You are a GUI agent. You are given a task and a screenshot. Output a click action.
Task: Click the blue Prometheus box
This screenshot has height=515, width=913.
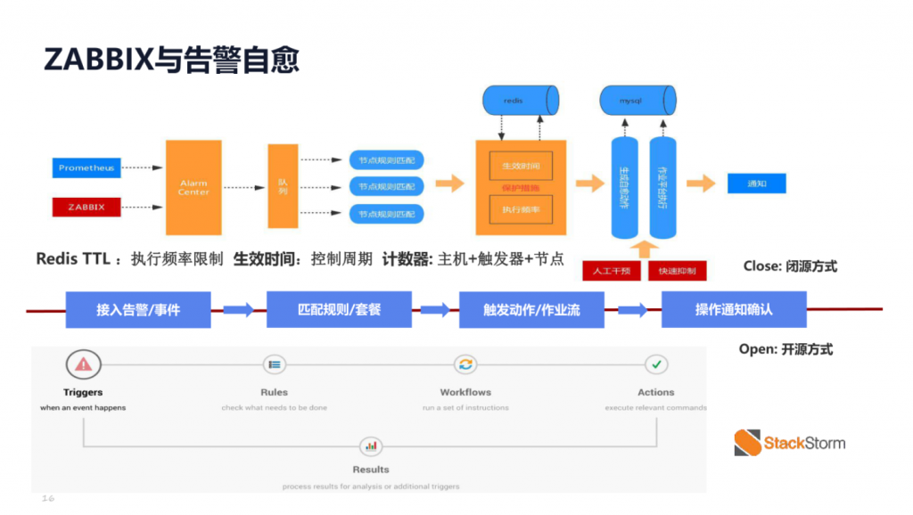(x=86, y=168)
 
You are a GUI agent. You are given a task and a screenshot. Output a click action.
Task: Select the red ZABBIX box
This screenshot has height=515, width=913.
(x=86, y=207)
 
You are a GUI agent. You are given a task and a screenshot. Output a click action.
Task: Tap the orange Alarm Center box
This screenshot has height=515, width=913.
(x=193, y=187)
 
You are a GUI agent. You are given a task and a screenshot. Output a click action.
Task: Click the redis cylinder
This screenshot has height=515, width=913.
(x=520, y=101)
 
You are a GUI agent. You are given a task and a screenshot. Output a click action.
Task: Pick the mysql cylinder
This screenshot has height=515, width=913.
(x=636, y=101)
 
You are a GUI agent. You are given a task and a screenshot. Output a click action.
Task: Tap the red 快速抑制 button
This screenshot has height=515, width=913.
(x=678, y=270)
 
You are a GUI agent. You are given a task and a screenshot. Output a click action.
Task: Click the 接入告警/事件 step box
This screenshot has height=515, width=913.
(x=138, y=310)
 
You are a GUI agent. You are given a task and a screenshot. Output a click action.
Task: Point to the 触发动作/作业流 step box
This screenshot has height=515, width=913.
(x=531, y=310)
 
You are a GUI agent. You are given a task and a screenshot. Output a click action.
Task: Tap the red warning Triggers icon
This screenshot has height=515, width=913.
(x=83, y=364)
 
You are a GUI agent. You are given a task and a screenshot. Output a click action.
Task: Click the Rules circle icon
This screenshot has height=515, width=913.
(x=275, y=364)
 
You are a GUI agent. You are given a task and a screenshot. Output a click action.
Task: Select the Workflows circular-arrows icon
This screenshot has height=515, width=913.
(x=465, y=364)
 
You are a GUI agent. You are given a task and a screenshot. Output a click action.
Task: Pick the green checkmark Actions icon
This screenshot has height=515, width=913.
(x=656, y=364)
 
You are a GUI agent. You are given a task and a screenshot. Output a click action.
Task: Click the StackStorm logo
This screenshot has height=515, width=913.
(x=789, y=442)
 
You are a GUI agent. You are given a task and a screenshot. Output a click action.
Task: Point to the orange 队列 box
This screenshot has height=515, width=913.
(x=283, y=187)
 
